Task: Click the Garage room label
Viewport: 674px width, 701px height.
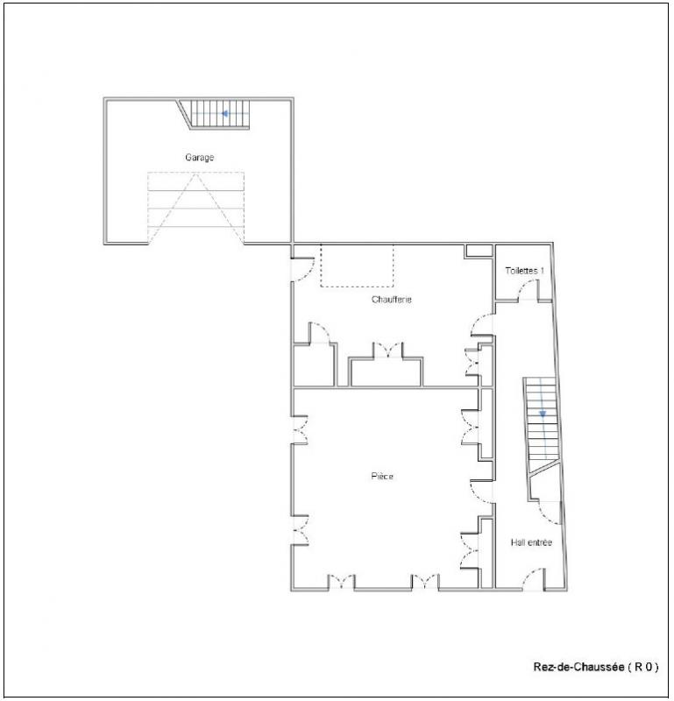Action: click(x=200, y=158)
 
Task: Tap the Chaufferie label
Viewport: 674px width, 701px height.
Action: click(x=391, y=300)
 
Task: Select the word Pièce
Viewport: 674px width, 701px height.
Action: click(x=382, y=476)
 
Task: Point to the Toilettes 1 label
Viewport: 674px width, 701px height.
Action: click(x=525, y=271)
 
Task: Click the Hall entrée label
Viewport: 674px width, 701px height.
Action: click(x=531, y=542)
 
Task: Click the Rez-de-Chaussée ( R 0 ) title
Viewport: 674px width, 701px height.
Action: click(x=596, y=667)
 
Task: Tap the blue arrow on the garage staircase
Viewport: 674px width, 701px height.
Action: click(x=225, y=114)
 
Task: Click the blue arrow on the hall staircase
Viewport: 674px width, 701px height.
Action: click(x=543, y=414)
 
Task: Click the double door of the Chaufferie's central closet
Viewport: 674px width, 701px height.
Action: click(x=387, y=350)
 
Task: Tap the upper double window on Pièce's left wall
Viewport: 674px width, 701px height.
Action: click(x=301, y=430)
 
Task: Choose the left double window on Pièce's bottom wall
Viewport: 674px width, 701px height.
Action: click(x=342, y=582)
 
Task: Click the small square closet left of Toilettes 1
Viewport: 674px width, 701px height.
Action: click(x=479, y=251)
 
